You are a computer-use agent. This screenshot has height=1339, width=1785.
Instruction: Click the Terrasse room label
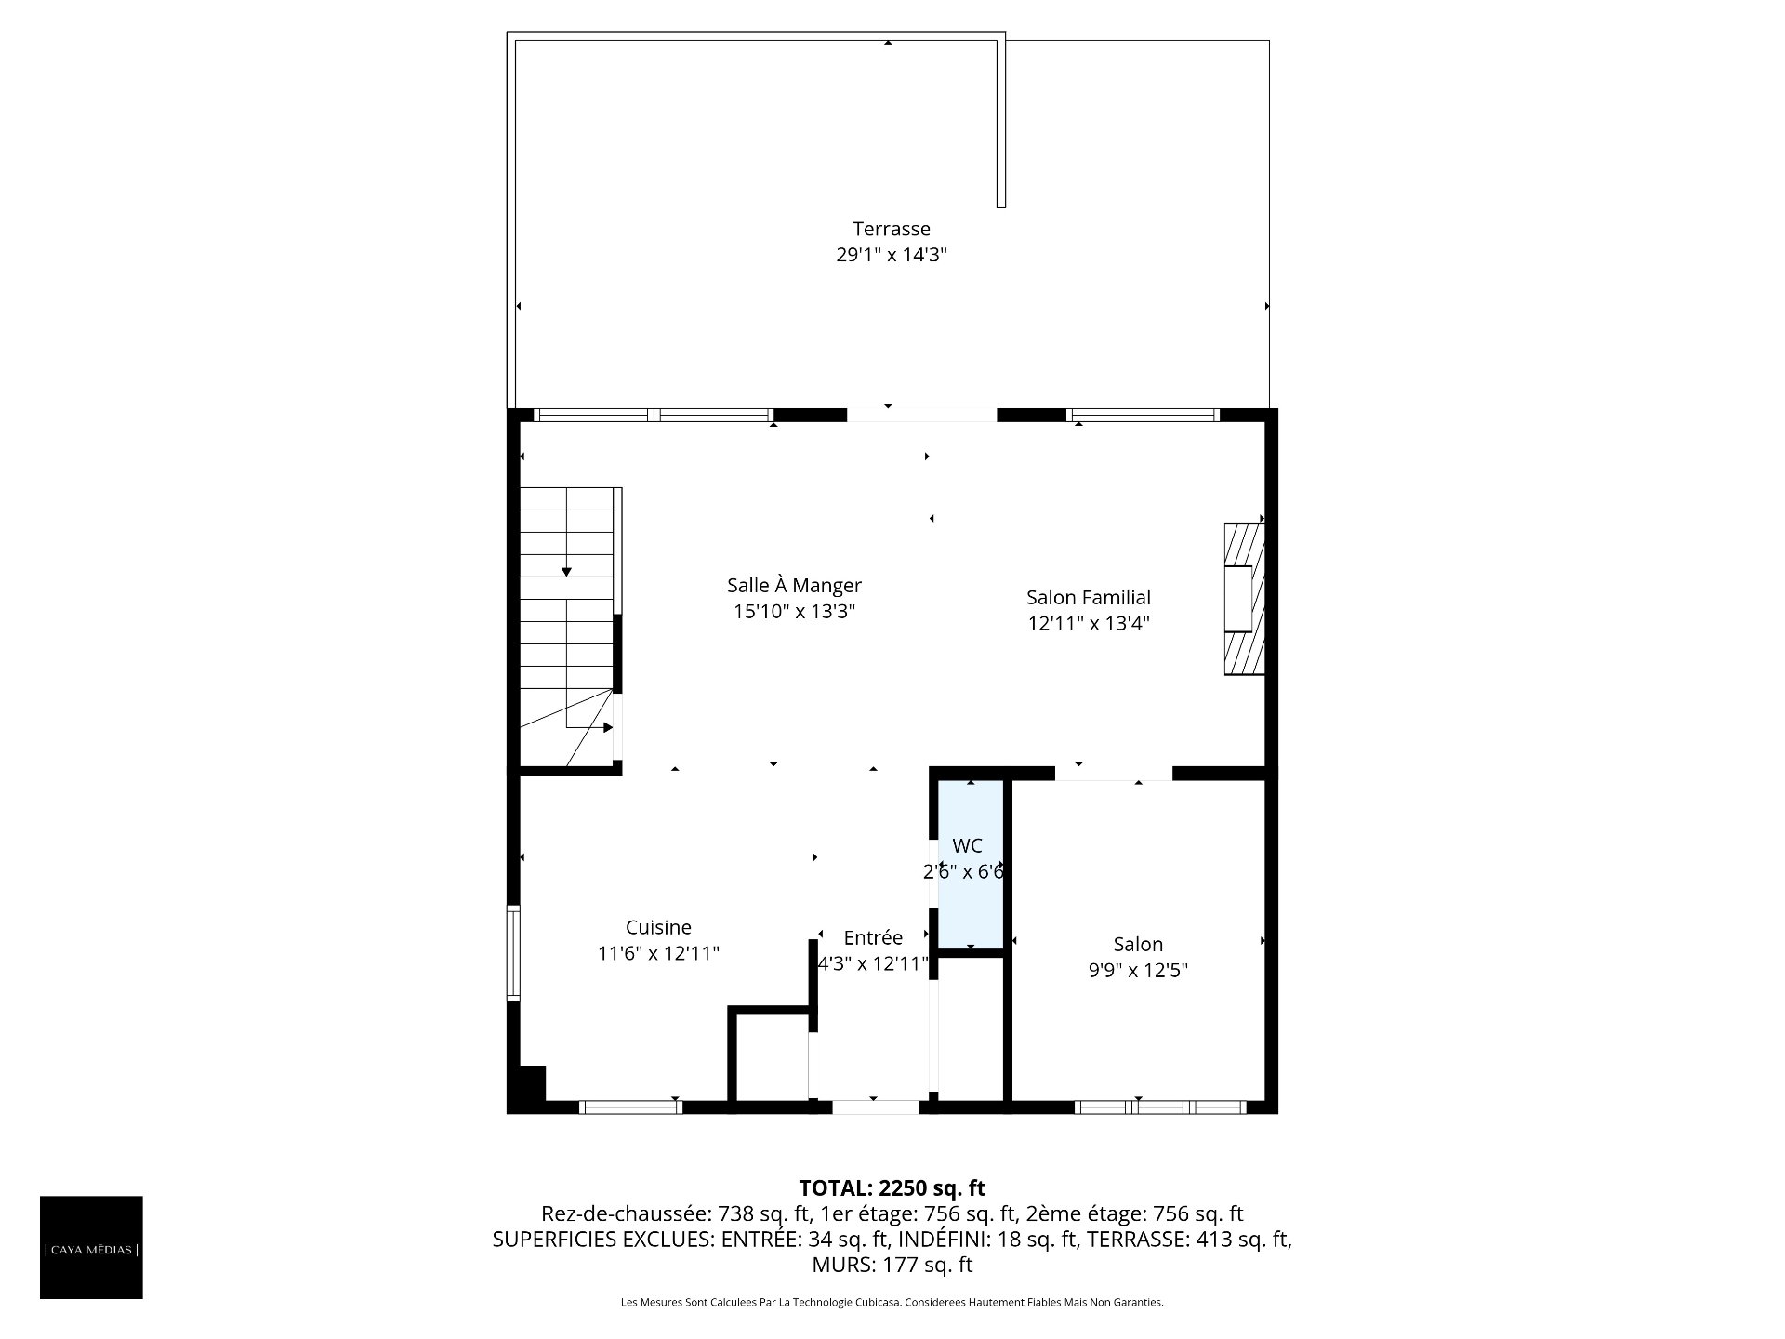(892, 229)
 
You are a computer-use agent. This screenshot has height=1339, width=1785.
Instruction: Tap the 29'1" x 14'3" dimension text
(892, 255)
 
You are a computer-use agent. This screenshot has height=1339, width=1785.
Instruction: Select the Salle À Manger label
(794, 586)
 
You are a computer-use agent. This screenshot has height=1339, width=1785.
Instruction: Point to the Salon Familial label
(1089, 598)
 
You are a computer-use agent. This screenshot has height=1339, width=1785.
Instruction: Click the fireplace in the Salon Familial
(1244, 598)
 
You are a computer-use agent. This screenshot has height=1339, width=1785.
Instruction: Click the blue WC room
(971, 864)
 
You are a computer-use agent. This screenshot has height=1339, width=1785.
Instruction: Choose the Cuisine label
(658, 927)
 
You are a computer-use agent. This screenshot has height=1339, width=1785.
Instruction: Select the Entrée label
(873, 937)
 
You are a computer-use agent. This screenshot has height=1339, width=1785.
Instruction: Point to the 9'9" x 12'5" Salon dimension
(1138, 971)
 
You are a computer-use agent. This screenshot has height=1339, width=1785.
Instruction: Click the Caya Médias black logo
(91, 1247)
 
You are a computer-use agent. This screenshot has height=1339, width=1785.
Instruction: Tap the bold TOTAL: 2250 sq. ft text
(892, 1187)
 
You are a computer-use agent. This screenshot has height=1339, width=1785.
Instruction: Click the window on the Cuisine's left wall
(513, 952)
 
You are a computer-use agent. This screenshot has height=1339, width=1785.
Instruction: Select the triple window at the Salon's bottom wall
(1160, 1107)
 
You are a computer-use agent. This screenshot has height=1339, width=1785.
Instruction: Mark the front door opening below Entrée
(875, 1107)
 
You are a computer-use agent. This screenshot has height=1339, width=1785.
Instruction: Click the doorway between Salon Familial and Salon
(1114, 773)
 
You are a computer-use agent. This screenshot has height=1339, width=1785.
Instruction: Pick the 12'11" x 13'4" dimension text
(1089, 624)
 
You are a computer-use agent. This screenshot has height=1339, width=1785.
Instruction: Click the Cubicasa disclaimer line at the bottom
(892, 1303)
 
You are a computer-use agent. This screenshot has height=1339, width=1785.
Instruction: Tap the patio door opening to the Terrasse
(921, 415)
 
